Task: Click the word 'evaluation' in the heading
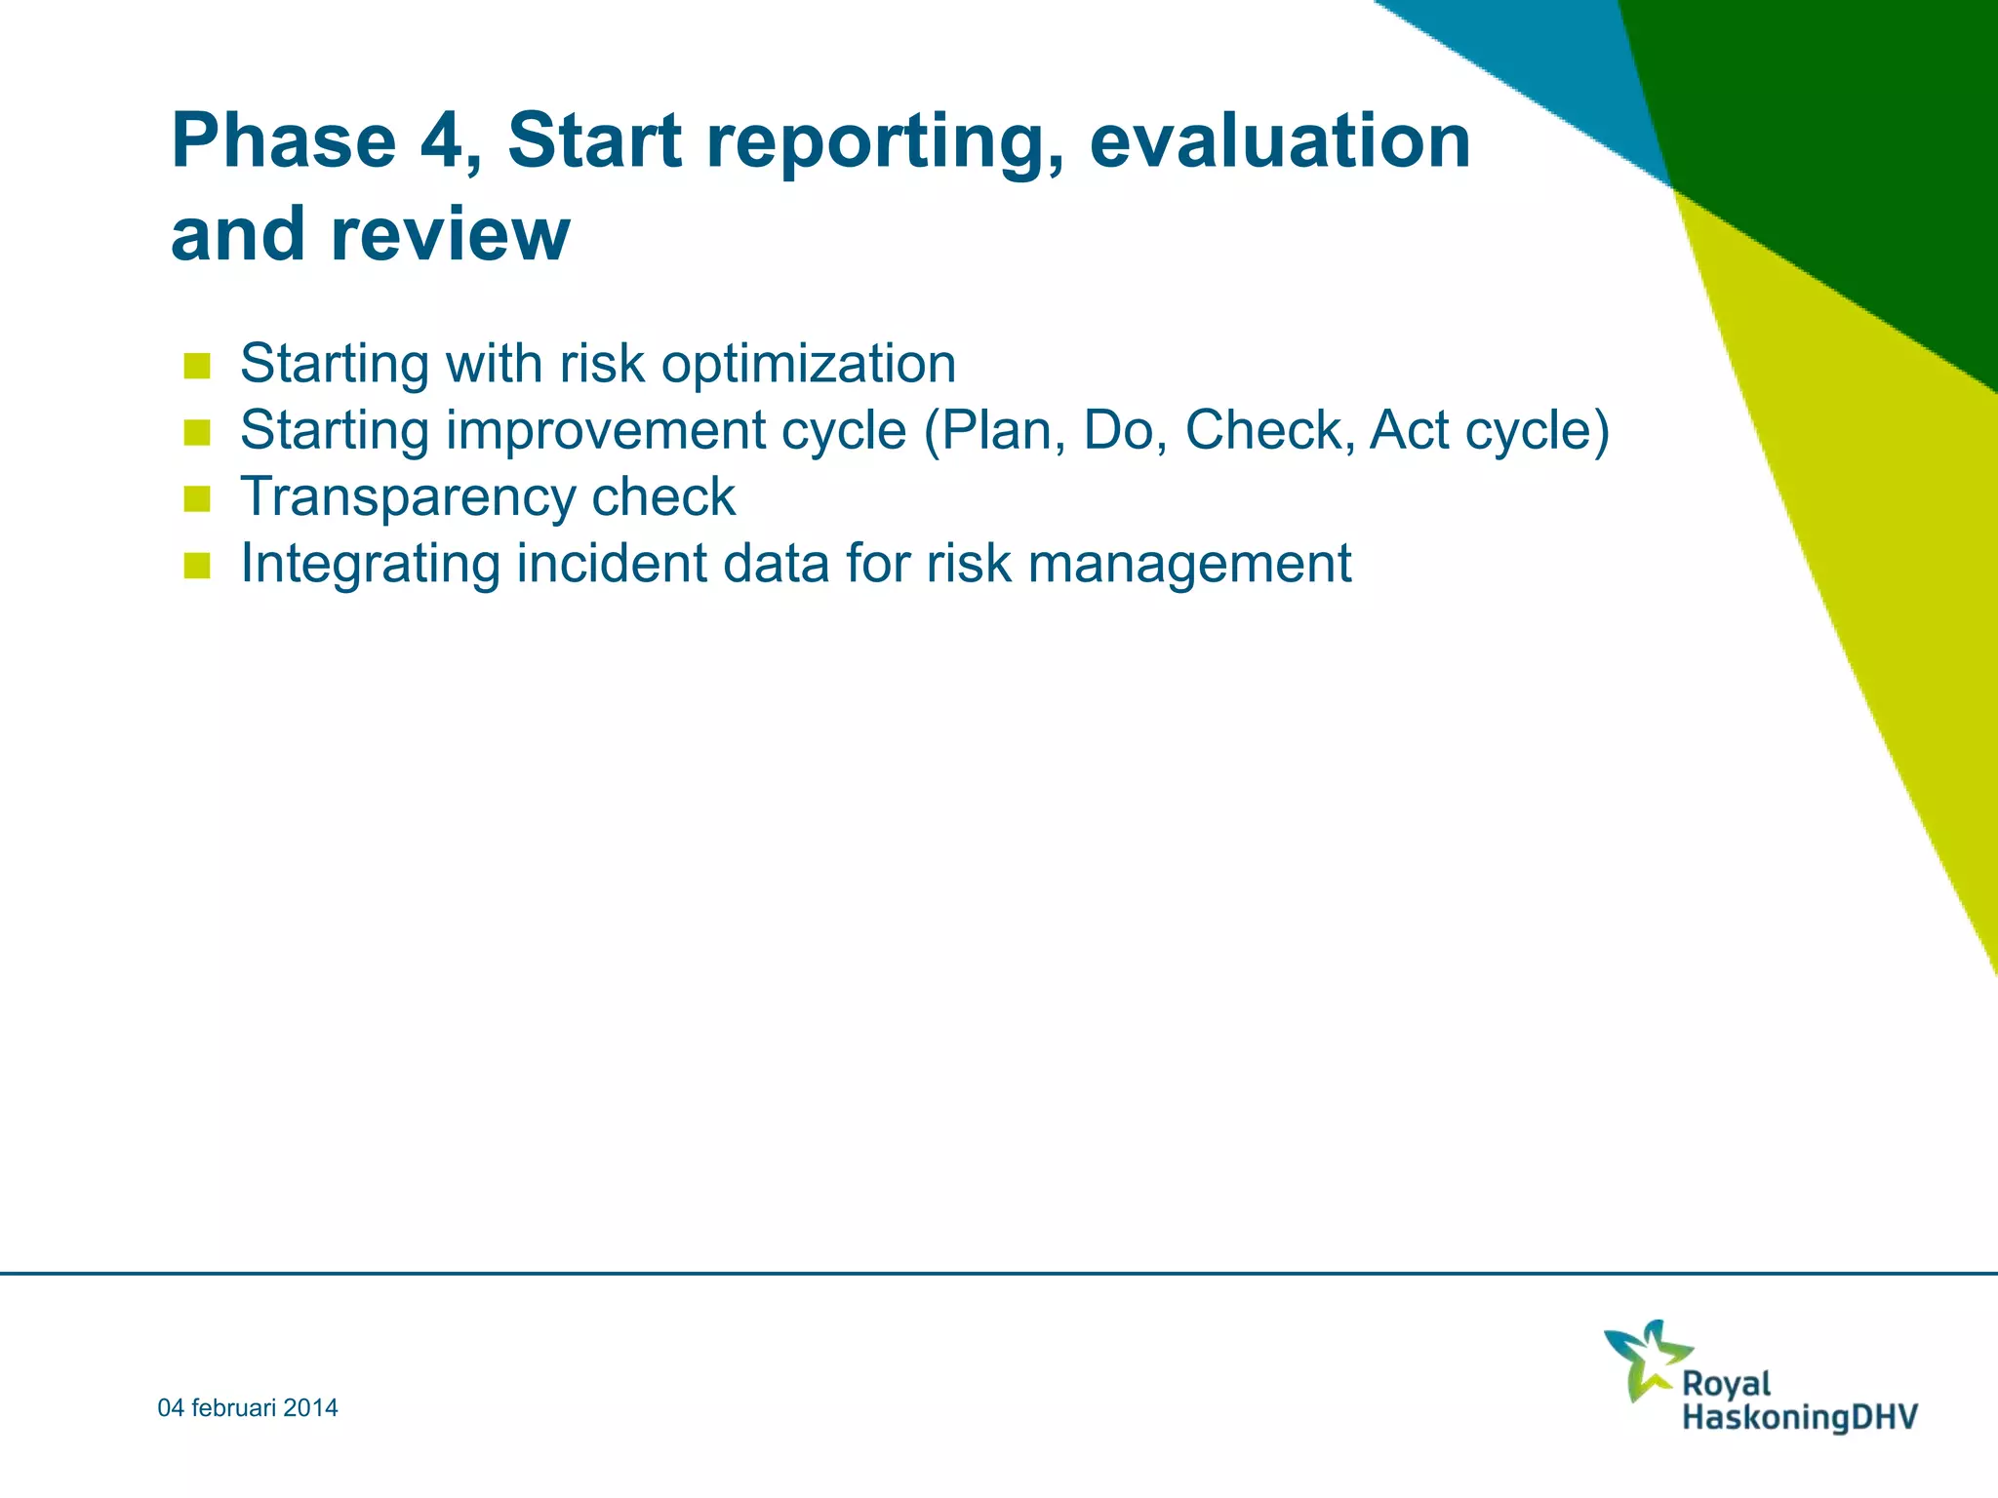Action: point(1279,141)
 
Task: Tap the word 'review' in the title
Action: point(450,235)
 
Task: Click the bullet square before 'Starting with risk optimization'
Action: point(197,366)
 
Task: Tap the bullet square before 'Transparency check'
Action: point(197,499)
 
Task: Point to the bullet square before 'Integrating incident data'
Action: point(197,566)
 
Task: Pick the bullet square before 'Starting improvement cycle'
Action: point(197,432)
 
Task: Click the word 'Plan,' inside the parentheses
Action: point(995,430)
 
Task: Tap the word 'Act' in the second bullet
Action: point(1409,430)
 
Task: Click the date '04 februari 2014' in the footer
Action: point(248,1407)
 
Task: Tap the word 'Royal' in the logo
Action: point(1726,1383)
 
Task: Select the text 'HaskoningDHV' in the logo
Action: point(1800,1417)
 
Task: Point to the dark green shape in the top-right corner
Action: point(1834,146)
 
